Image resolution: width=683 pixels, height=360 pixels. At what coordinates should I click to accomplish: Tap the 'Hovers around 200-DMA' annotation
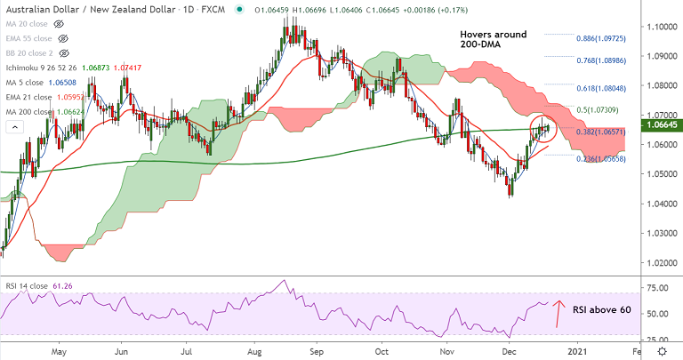pyautogui.click(x=493, y=40)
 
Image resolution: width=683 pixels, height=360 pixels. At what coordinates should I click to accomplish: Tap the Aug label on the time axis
pyautogui.click(x=253, y=351)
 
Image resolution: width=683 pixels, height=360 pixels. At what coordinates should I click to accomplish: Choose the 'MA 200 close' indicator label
pyautogui.click(x=28, y=111)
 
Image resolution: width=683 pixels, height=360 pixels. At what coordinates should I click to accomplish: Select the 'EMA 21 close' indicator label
pyautogui.click(x=28, y=97)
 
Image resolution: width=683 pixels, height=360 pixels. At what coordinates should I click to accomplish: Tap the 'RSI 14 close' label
pyautogui.click(x=27, y=286)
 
